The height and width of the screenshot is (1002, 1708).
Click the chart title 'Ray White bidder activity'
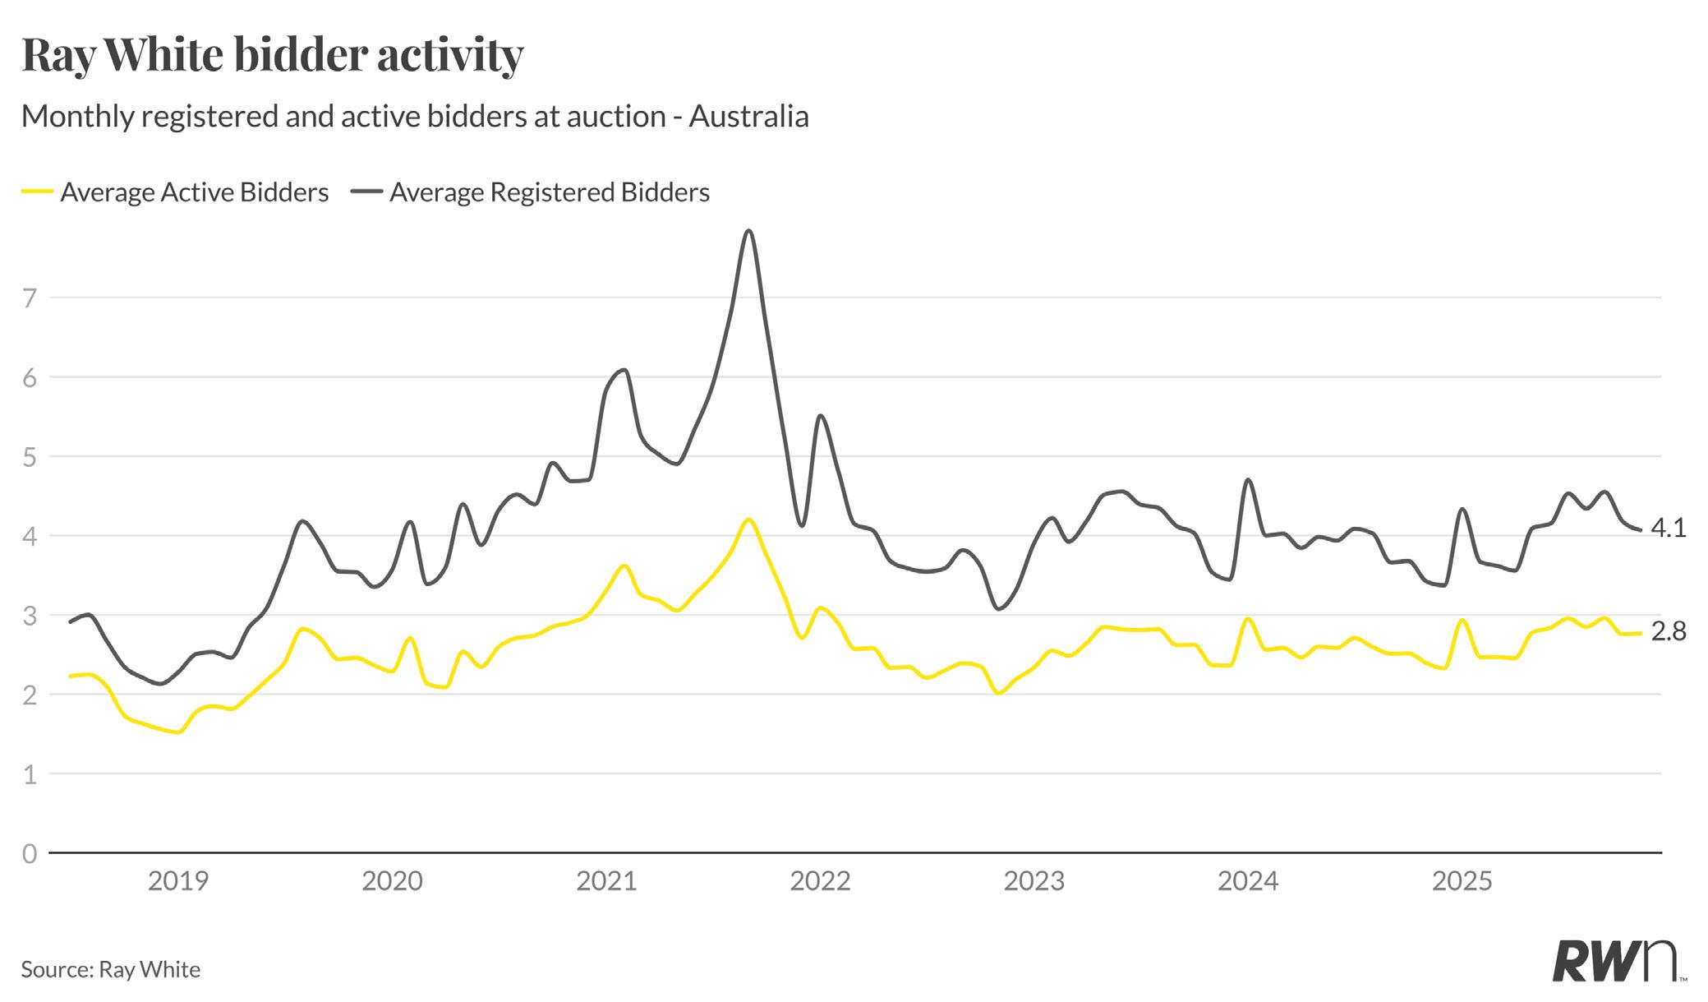(272, 56)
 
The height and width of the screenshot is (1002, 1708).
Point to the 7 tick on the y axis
(30, 298)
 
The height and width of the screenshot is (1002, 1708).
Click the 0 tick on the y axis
(30, 853)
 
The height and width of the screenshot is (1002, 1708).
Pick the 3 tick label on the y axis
(30, 616)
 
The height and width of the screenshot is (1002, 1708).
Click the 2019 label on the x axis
(178, 881)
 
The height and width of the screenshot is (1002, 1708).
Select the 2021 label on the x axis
(606, 881)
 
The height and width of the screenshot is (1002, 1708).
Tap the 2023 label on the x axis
(1034, 881)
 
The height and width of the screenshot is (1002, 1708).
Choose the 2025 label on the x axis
(1462, 881)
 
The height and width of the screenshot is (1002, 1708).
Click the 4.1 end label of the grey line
(1668, 529)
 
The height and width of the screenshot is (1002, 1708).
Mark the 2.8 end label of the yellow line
(1668, 631)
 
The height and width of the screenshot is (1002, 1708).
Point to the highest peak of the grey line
(748, 231)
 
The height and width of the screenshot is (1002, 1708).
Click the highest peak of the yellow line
(748, 519)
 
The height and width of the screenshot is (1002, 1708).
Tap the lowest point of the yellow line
(178, 732)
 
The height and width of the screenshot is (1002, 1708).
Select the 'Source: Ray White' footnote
(111, 970)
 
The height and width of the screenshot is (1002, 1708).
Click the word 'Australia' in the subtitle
(748, 117)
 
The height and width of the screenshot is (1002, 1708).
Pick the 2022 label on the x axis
(820, 881)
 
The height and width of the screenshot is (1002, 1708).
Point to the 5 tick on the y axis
(30, 457)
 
